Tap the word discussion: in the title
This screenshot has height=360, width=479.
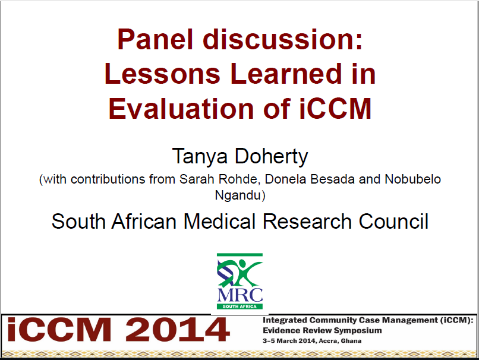(x=283, y=40)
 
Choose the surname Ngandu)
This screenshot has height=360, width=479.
(x=239, y=194)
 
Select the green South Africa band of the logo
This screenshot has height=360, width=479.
(x=239, y=307)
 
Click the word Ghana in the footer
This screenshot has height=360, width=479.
(x=351, y=341)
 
